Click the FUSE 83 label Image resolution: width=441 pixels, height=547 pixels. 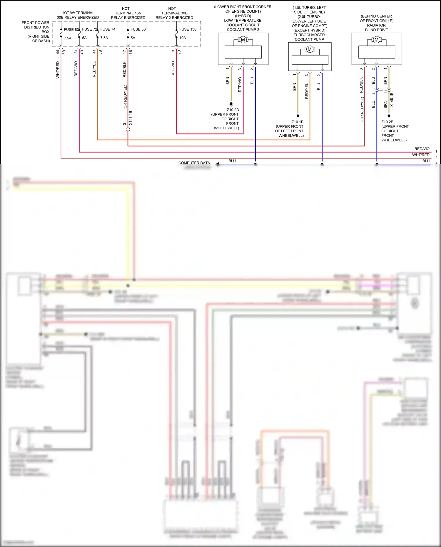71,29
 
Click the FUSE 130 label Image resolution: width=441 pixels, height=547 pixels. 188,29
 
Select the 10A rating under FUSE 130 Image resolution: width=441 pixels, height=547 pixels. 183,38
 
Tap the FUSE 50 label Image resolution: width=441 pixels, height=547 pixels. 138,29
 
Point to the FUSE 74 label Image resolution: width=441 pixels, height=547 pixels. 108,29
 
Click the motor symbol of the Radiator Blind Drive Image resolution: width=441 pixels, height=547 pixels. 376,40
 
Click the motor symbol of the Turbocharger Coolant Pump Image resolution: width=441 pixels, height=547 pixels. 310,49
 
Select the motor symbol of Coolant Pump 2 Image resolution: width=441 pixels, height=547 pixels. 243,40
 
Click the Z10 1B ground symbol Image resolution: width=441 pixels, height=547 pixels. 298,116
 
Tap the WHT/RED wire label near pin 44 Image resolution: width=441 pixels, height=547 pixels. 58,70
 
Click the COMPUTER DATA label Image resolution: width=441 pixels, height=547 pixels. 194,163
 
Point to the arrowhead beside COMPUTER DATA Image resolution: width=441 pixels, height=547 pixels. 218,164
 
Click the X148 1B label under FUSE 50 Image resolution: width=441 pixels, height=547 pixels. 131,118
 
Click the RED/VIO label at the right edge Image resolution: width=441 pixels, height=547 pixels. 422,149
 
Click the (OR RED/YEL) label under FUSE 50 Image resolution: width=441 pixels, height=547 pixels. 125,97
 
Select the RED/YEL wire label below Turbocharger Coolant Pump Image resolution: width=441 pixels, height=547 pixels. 307,91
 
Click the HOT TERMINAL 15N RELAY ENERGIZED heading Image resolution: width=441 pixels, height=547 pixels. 128,13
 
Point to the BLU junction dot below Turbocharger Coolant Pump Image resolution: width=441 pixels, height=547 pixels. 322,164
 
